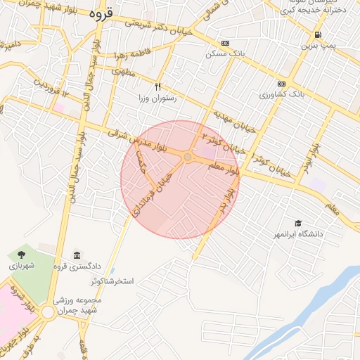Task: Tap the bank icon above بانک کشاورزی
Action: [x=282, y=82]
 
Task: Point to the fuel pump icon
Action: [x=319, y=34]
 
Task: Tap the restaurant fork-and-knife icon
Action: [x=159, y=87]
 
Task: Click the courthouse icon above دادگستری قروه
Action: [x=76, y=255]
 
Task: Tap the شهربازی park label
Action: [x=21, y=266]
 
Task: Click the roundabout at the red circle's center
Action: [x=188, y=157]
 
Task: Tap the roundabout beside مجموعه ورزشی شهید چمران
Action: [x=48, y=311]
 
